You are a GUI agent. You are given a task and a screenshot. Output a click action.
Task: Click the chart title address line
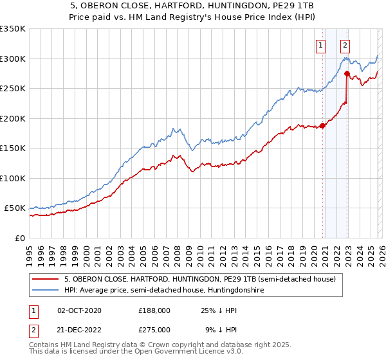(x=193, y=6)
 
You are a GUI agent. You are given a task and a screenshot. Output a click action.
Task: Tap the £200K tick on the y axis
(x=13, y=118)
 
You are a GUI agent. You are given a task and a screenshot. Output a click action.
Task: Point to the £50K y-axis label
(x=15, y=208)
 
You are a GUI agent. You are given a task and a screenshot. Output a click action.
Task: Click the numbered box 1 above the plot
(x=320, y=45)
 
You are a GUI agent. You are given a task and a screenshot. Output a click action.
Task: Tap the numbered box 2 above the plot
(x=345, y=45)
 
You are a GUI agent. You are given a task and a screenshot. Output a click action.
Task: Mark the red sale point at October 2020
(x=322, y=125)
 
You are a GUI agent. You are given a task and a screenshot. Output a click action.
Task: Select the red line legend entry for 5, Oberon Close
(x=199, y=279)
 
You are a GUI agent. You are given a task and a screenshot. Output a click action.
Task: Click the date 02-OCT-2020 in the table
(x=79, y=310)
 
